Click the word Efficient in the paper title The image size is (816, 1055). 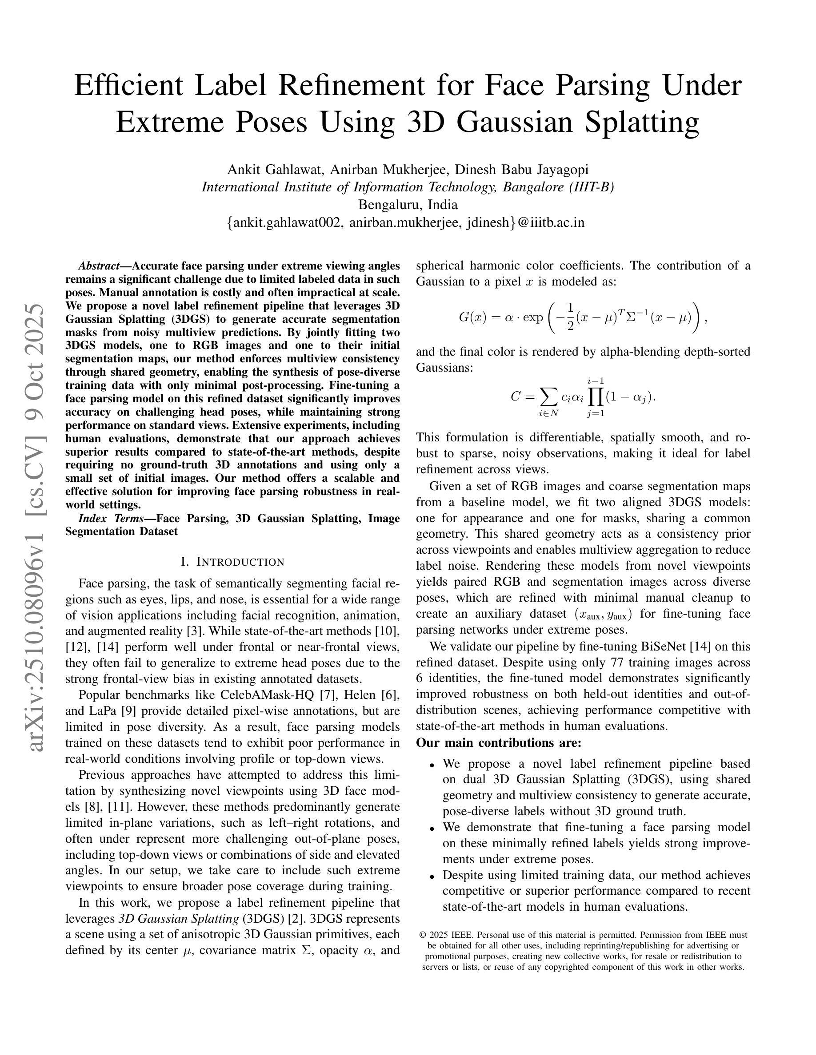coord(128,86)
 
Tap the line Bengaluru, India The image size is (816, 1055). coord(408,205)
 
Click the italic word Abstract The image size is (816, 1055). coord(99,266)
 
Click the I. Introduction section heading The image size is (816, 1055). coord(232,562)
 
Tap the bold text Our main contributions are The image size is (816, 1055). coord(498,742)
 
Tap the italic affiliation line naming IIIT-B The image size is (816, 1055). coord(408,187)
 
